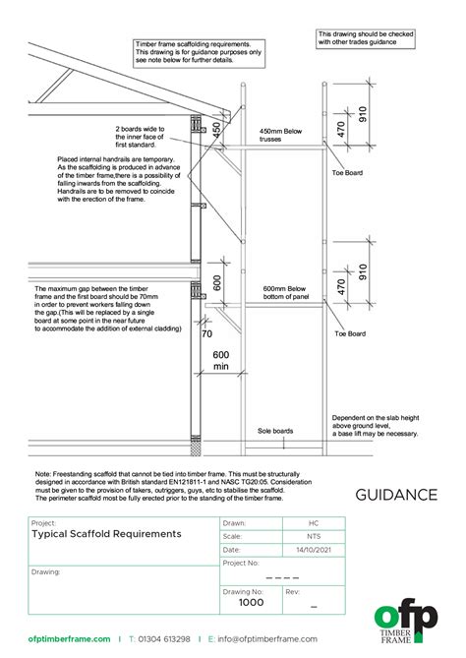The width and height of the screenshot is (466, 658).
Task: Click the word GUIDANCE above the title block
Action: point(396,494)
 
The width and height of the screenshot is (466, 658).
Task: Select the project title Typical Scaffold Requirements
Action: point(106,533)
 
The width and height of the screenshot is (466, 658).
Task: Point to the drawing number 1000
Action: point(252,602)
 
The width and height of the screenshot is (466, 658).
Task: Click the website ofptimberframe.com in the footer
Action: point(69,639)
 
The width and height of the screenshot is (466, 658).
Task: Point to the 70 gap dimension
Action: point(206,333)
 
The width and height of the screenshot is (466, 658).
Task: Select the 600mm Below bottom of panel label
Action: point(286,294)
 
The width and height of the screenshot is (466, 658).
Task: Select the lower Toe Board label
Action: point(350,333)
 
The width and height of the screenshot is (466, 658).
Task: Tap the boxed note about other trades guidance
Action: point(366,38)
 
